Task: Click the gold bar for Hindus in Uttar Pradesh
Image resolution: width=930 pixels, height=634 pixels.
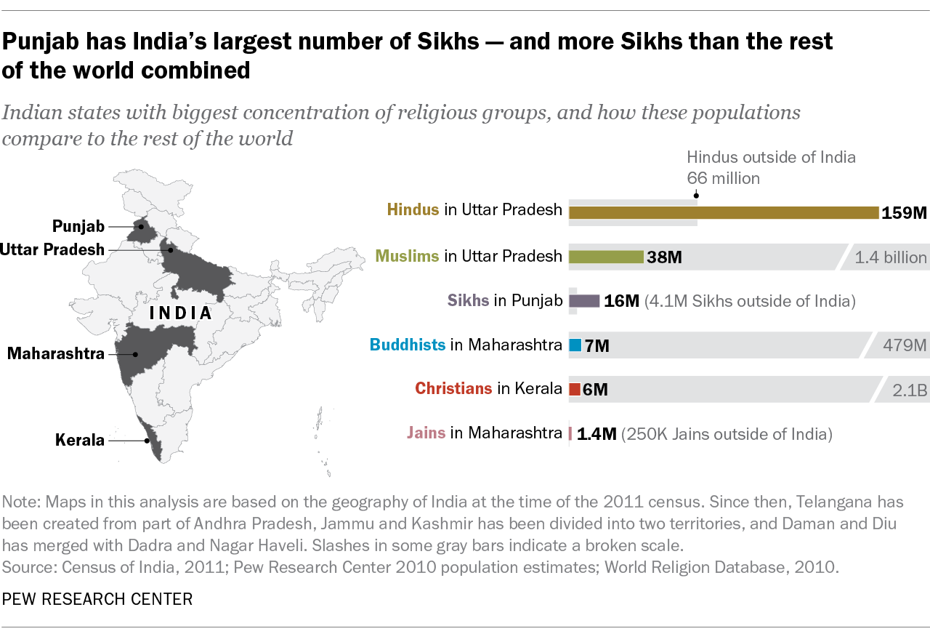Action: (723, 212)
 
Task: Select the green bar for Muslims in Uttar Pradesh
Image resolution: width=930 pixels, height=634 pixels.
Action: (606, 257)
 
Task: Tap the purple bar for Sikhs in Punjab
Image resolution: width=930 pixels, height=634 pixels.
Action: (584, 301)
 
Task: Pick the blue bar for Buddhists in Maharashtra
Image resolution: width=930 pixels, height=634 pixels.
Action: (575, 345)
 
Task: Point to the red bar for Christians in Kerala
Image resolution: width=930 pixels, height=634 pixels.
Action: (574, 390)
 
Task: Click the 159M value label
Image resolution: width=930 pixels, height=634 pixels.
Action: (905, 213)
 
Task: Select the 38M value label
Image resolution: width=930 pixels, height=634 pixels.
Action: (664, 257)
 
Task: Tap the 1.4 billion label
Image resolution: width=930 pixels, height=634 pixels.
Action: (891, 257)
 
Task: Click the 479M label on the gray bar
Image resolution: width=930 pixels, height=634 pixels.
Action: (905, 345)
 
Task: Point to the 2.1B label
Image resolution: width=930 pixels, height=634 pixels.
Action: (910, 390)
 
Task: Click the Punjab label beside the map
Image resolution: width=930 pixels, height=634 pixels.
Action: (78, 226)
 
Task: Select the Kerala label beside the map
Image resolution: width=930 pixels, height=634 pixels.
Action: (80, 440)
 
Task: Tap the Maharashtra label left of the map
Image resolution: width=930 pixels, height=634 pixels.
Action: (56, 354)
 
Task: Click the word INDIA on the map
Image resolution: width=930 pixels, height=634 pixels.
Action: (180, 313)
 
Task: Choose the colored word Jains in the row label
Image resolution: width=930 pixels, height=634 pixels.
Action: (426, 434)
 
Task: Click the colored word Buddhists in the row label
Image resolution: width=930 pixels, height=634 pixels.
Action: (407, 345)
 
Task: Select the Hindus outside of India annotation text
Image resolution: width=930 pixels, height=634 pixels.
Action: (771, 157)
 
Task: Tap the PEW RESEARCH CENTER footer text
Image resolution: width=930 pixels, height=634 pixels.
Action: (97, 599)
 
